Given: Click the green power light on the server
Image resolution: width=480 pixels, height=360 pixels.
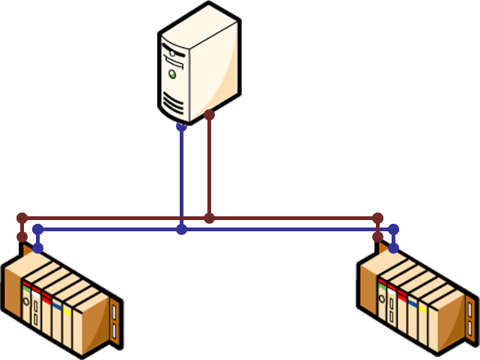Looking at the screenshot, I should click(173, 74).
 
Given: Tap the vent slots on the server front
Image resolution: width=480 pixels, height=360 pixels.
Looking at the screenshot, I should click(172, 102).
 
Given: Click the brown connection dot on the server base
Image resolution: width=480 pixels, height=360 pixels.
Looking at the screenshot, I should click(210, 115).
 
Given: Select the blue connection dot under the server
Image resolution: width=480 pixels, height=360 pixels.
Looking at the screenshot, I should click(181, 127).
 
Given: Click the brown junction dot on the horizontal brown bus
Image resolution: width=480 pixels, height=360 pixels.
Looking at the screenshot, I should click(210, 218).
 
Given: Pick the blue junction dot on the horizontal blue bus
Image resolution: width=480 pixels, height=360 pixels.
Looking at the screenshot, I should click(181, 229).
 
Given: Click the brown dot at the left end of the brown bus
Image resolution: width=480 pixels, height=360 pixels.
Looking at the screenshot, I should click(22, 218).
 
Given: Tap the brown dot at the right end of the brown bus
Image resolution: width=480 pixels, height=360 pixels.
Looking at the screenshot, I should click(378, 218).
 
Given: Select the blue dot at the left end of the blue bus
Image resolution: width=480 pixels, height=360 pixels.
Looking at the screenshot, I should click(38, 229).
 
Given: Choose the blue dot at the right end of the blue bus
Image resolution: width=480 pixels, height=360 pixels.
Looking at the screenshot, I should click(394, 229).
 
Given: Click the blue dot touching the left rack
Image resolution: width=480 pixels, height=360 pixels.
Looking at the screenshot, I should click(38, 248).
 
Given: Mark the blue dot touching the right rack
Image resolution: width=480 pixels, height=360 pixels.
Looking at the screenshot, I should click(394, 248).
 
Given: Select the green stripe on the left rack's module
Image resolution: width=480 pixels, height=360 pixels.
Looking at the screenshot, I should click(26, 285).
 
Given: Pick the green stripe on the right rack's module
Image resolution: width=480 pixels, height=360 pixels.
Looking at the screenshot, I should click(383, 283).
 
